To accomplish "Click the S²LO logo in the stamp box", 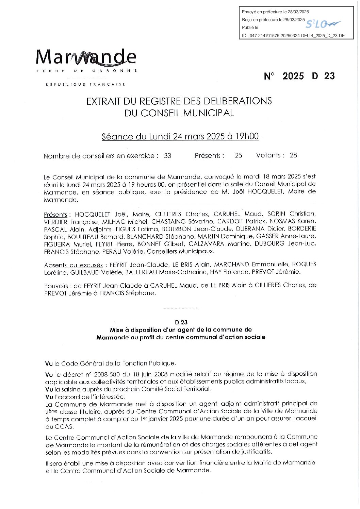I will [323, 24].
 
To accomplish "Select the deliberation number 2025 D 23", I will [299, 76].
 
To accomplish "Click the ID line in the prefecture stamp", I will [293, 35].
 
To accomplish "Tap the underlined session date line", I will [180, 136].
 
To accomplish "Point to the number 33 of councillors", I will [167, 156].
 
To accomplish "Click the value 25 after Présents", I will [239, 155].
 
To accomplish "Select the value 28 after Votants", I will [293, 155].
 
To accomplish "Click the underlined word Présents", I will [55, 215].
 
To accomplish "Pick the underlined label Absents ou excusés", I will [73, 265].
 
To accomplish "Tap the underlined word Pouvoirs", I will [56, 286].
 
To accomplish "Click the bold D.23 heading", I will [181, 322].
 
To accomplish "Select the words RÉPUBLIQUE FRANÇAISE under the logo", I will [85, 84].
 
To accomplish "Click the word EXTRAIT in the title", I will [102, 101].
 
